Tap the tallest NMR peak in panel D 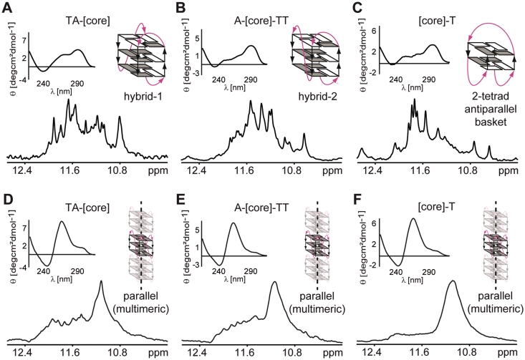(x=101, y=283)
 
